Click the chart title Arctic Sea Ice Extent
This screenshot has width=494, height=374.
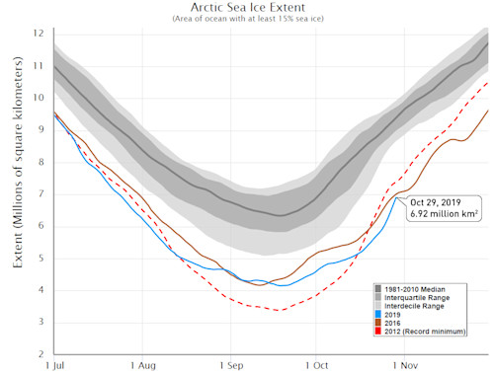246,7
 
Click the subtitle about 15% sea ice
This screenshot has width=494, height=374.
246,19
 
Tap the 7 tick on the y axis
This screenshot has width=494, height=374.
40,193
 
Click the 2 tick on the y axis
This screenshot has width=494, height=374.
40,353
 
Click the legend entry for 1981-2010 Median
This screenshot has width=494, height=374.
418,288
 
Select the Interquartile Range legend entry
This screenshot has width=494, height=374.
420,298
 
